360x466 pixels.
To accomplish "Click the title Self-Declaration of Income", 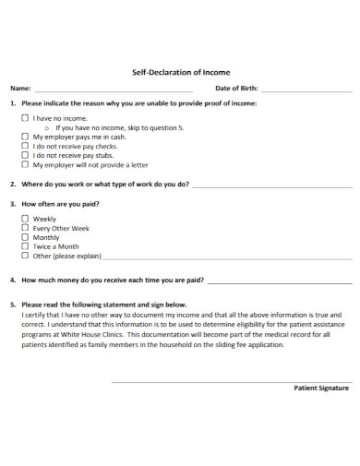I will (181, 71).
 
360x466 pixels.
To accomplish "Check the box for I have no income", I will (25, 118).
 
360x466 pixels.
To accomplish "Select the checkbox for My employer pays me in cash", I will (25, 137).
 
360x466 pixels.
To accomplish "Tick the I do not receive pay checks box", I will (25, 146).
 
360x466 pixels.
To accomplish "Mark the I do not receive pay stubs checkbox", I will (25, 156).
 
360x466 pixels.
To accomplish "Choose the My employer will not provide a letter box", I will (25, 165).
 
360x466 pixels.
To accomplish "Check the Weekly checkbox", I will (25, 219).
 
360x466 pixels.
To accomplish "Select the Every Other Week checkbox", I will (25, 228).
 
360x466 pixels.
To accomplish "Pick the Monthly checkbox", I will (25, 237).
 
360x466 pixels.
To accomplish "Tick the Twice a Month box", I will (25, 246).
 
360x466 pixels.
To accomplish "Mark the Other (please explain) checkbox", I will (25, 257).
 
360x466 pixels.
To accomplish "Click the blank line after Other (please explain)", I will (226, 259).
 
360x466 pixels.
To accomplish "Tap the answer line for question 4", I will (278, 281).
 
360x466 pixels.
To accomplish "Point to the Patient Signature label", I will (320, 388).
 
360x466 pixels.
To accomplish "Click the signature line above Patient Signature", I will (231, 381).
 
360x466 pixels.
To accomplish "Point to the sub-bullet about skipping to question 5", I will (119, 127).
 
